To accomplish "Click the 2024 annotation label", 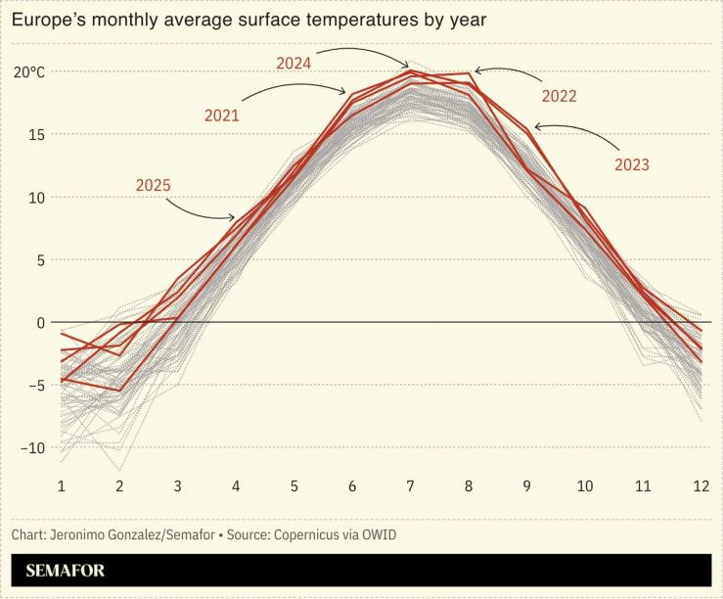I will [x=294, y=63].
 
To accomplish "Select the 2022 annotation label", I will [x=559, y=96].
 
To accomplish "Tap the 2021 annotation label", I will [x=222, y=115].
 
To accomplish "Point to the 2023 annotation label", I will [x=631, y=164].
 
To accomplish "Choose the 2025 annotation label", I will [x=154, y=185].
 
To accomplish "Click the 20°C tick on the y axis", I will [x=29, y=71].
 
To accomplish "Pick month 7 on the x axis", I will [x=410, y=486].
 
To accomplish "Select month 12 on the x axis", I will [x=700, y=486].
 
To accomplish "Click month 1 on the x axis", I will [x=61, y=486].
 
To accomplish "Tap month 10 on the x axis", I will [x=584, y=486].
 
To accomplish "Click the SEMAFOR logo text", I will [x=65, y=571].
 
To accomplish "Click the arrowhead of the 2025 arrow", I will [x=234, y=218].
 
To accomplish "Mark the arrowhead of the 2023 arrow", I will [x=536, y=126].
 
